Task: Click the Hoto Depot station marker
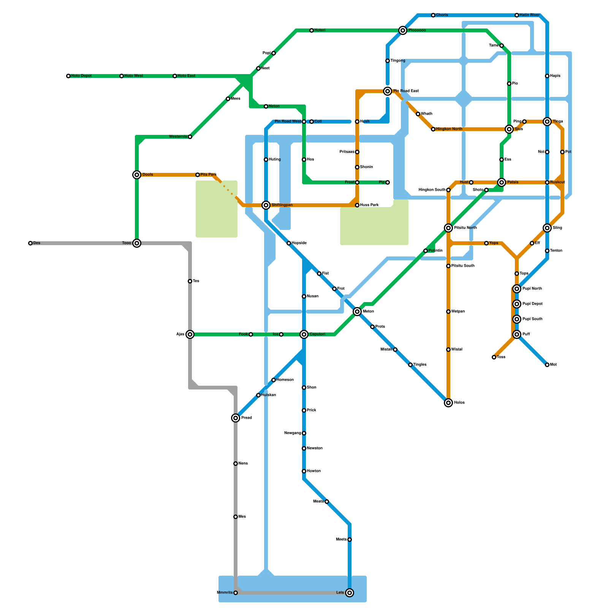coord(68,76)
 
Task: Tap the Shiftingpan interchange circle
coord(266,205)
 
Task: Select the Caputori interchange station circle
coord(304,334)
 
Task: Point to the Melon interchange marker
coord(357,312)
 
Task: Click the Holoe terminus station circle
coord(448,403)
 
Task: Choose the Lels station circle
coord(350,593)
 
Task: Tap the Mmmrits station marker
coord(236,593)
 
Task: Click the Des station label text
coord(37,243)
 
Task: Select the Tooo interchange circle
coord(137,243)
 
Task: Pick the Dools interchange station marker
coord(137,175)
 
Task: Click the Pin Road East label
coord(406,91)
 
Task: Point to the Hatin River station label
coord(530,15)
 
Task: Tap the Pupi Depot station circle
coord(517,304)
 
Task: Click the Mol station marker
coord(547,365)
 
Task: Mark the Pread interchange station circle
coord(236,418)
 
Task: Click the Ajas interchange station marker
coord(190,334)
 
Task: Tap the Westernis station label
coord(178,137)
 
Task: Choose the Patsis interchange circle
coord(502,182)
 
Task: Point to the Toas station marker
coord(494,357)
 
